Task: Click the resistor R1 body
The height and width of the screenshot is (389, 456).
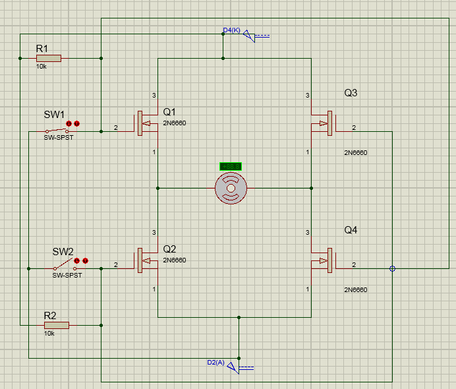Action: pos(48,59)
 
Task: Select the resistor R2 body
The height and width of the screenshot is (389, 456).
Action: pos(57,325)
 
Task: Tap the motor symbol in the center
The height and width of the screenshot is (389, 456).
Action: pos(231,189)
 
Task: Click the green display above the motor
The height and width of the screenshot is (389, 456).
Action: pos(231,166)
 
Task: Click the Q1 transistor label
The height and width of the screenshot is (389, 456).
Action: pos(170,111)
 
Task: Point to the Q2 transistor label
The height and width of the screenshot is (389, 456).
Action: pos(170,249)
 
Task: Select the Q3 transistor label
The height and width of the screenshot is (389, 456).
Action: pos(351,93)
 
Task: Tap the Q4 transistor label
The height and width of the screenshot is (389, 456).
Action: pos(351,230)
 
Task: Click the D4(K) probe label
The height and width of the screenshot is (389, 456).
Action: pos(232,30)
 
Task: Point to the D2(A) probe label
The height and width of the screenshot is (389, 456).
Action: pos(215,363)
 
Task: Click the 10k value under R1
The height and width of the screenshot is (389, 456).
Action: pos(41,67)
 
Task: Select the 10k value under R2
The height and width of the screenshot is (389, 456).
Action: pos(49,334)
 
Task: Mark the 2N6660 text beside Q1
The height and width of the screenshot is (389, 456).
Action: pos(175,123)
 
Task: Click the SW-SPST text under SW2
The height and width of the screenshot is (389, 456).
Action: pos(67,276)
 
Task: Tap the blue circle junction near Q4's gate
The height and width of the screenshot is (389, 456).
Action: pos(393,268)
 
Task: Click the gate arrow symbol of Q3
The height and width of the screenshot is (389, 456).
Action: pos(322,123)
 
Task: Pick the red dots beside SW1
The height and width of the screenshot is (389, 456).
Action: pos(72,123)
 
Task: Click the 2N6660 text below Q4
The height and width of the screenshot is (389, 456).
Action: pos(355,290)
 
